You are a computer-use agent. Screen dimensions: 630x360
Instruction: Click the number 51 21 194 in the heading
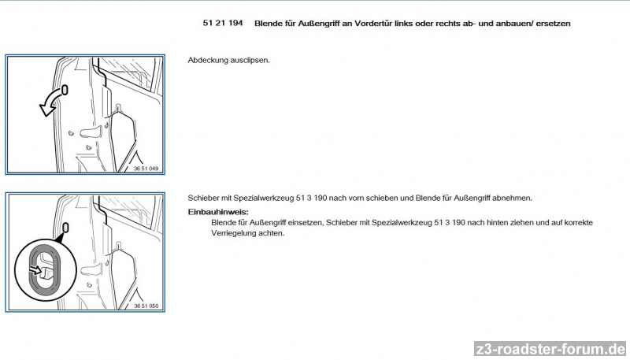(x=223, y=23)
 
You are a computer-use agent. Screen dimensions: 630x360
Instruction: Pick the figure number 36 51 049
(x=146, y=169)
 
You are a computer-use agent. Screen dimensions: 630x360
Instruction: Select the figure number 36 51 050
(x=146, y=306)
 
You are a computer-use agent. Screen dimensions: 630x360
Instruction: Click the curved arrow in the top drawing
(x=50, y=103)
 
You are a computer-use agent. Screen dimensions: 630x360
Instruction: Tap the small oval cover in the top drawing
(x=65, y=90)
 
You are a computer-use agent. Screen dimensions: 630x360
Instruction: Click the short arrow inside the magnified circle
(x=35, y=269)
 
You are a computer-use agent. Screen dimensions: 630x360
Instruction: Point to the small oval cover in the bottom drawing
(x=65, y=228)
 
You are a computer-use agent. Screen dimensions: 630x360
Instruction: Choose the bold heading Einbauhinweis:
(x=218, y=212)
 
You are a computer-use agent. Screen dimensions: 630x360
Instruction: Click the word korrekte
(x=579, y=223)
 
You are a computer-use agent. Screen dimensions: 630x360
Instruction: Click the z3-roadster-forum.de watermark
(x=550, y=348)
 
